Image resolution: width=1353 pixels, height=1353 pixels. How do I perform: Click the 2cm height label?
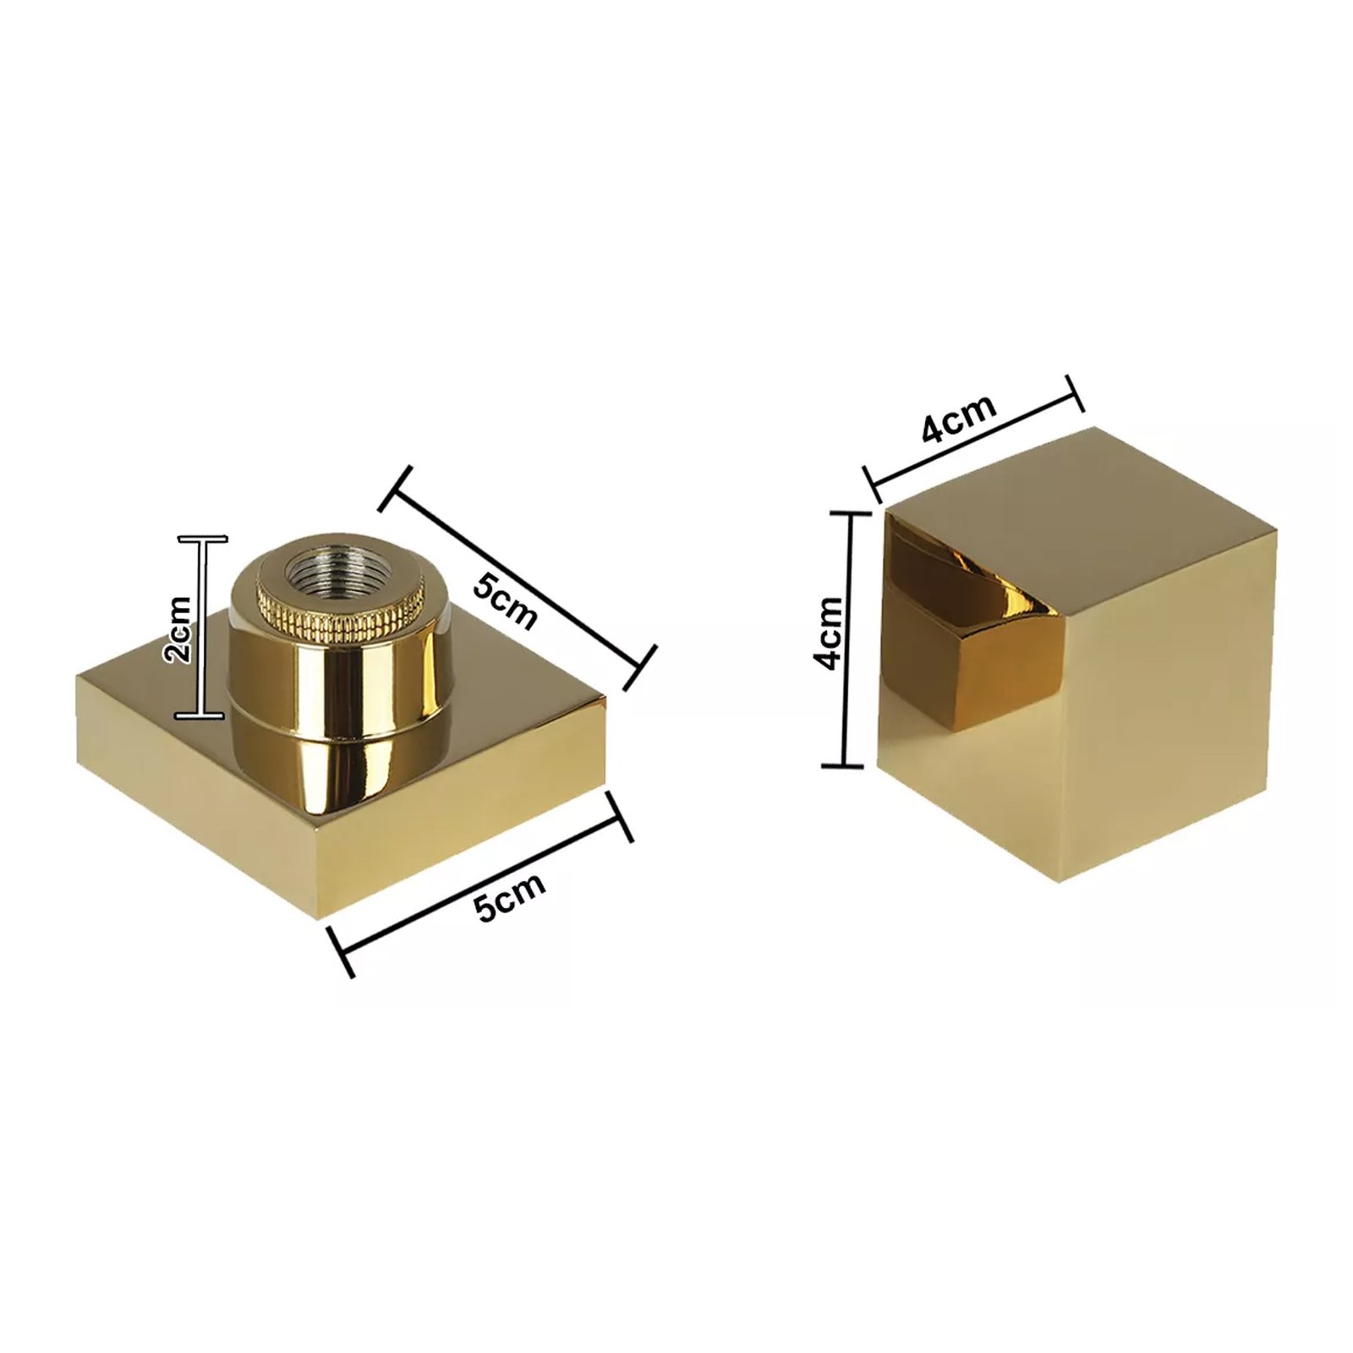click(x=180, y=629)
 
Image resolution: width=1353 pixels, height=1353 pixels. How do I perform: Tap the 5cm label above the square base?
click(x=505, y=600)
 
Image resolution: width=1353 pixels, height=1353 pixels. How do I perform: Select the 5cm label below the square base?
click(x=510, y=896)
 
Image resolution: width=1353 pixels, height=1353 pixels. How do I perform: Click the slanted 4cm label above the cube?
click(x=958, y=418)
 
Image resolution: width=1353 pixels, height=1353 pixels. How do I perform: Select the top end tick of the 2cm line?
click(x=202, y=539)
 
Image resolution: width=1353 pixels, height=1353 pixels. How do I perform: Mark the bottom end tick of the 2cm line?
click(x=200, y=716)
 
